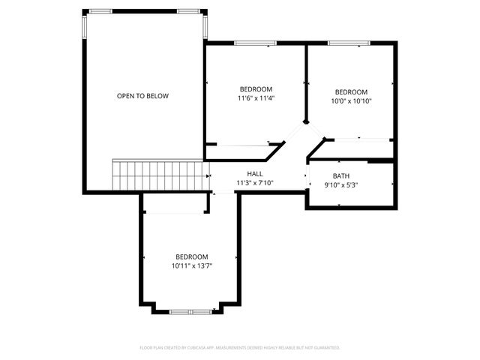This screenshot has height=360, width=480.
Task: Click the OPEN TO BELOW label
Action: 142,96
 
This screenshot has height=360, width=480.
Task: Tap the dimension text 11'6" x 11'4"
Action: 255,98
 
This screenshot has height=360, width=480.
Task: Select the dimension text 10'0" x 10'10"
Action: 352,101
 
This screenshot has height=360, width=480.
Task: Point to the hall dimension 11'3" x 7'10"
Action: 255,182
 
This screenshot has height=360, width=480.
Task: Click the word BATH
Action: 341,176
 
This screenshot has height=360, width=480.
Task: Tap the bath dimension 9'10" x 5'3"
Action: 341,185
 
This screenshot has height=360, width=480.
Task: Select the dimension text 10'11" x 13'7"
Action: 192,265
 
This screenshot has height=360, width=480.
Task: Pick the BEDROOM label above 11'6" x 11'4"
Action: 255,89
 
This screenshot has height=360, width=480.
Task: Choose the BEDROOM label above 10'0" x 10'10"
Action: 352,92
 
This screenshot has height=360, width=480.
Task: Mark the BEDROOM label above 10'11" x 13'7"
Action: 192,256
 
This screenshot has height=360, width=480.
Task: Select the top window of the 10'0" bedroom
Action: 350,43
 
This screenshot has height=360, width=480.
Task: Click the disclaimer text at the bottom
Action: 240,348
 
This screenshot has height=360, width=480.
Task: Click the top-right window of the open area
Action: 189,11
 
